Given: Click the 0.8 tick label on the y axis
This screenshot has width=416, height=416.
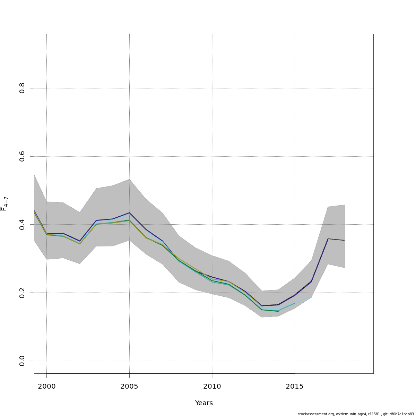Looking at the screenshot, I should [22, 88].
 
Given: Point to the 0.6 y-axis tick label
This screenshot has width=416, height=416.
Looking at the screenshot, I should [22, 156].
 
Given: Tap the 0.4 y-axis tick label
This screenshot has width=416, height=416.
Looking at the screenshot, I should [22, 224].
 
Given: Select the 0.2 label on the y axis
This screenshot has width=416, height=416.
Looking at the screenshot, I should [22, 293].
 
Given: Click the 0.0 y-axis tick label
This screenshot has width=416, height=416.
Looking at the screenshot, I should [22, 361].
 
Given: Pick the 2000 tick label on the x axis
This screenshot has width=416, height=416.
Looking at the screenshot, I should [46, 386].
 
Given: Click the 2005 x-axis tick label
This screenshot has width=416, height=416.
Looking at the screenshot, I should [129, 386].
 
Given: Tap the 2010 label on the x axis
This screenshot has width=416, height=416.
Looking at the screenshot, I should [212, 386].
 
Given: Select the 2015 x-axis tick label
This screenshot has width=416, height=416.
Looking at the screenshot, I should [295, 386].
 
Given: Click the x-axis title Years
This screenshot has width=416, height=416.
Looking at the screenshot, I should [204, 403].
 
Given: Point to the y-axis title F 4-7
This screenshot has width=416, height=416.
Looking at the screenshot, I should [5, 204].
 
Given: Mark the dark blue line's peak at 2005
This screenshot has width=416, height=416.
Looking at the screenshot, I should [129, 213].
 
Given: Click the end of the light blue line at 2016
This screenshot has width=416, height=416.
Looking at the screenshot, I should [311, 297].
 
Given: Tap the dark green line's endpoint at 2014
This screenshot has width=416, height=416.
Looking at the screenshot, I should [278, 311].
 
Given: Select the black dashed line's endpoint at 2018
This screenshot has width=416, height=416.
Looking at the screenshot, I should [344, 240].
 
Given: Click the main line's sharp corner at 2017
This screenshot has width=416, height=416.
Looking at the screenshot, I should [328, 239].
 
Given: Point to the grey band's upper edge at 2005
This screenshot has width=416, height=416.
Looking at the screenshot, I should [129, 179].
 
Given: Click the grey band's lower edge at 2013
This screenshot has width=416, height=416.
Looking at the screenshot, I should [262, 317].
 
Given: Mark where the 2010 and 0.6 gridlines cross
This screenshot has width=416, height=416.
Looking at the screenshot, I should [212, 156].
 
